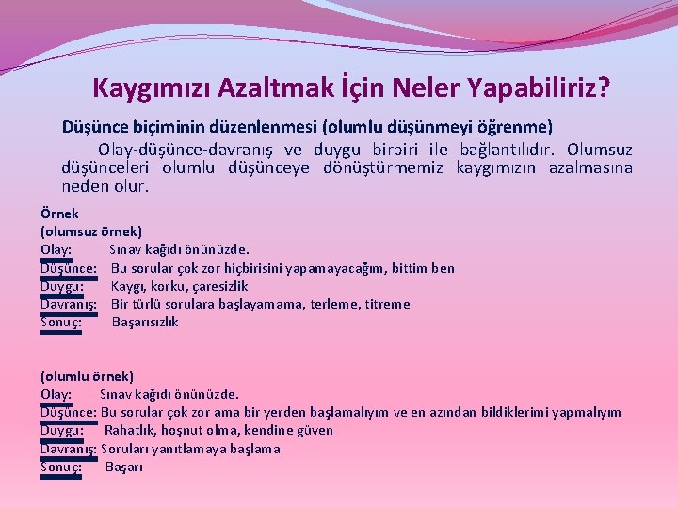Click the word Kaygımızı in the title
[152, 88]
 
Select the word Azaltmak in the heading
[271, 88]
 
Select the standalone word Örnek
[59, 214]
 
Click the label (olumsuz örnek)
[91, 231]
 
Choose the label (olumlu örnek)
[88, 376]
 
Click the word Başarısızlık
[145, 323]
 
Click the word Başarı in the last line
[123, 467]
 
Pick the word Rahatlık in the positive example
[130, 430]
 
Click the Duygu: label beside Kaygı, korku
[63, 286]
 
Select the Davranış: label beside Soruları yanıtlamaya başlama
[69, 449]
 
